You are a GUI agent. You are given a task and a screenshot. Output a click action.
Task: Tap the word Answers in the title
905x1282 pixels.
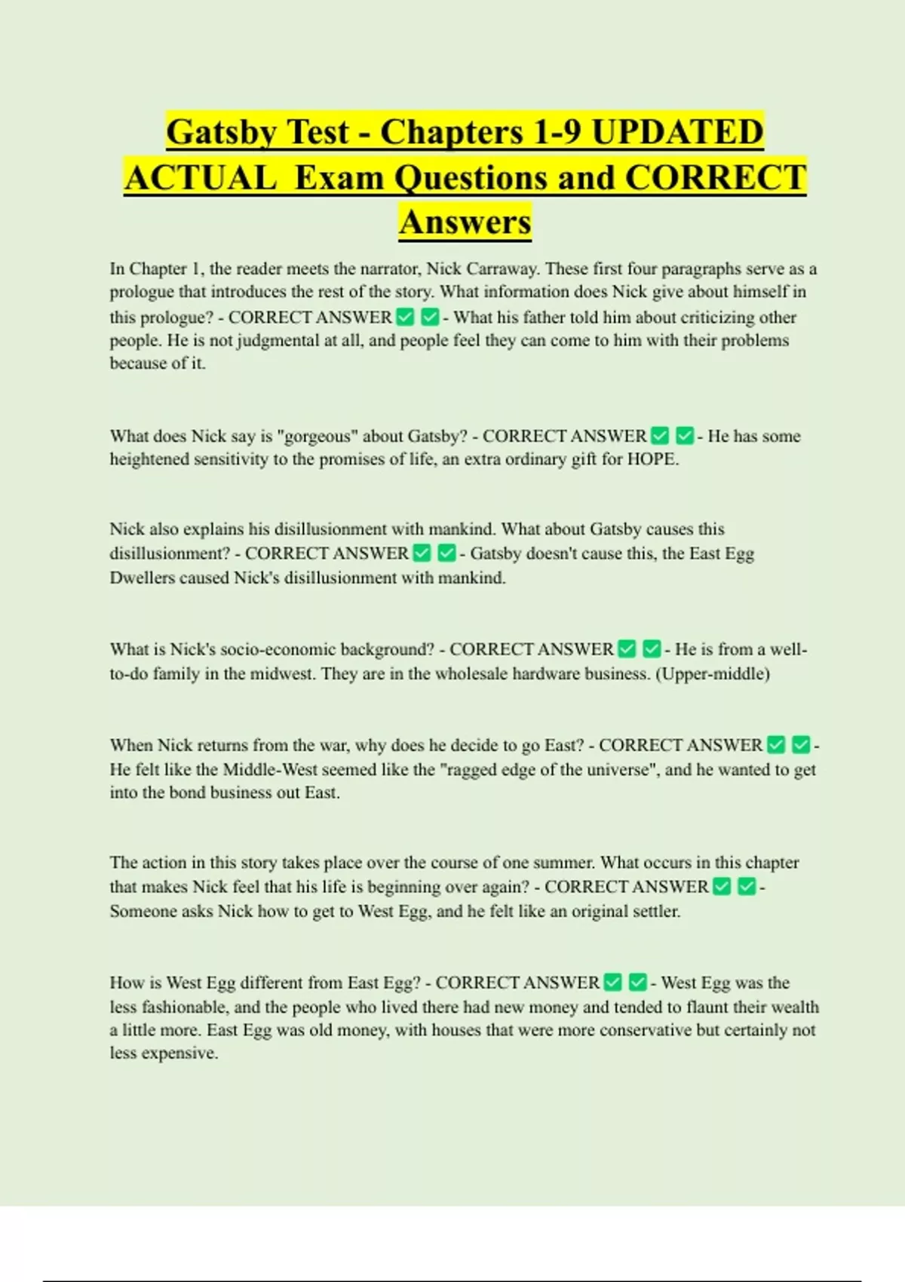465,222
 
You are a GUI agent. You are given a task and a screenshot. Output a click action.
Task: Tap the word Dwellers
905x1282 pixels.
141,578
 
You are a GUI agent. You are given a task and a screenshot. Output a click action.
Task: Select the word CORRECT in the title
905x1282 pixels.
716,178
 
